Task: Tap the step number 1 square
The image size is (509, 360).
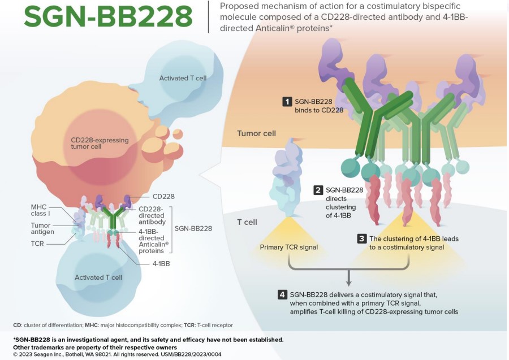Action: tap(287, 102)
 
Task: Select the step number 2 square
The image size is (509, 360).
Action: tap(319, 190)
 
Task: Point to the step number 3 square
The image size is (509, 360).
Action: tap(361, 238)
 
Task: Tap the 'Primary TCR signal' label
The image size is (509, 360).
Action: tap(288, 247)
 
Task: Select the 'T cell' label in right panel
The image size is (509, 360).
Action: tap(247, 222)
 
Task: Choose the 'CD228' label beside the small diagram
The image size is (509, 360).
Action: tap(163, 197)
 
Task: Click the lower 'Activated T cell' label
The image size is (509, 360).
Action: tap(98, 277)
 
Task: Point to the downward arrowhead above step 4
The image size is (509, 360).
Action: tap(349, 281)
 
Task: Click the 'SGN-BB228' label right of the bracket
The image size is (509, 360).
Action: tap(193, 228)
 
